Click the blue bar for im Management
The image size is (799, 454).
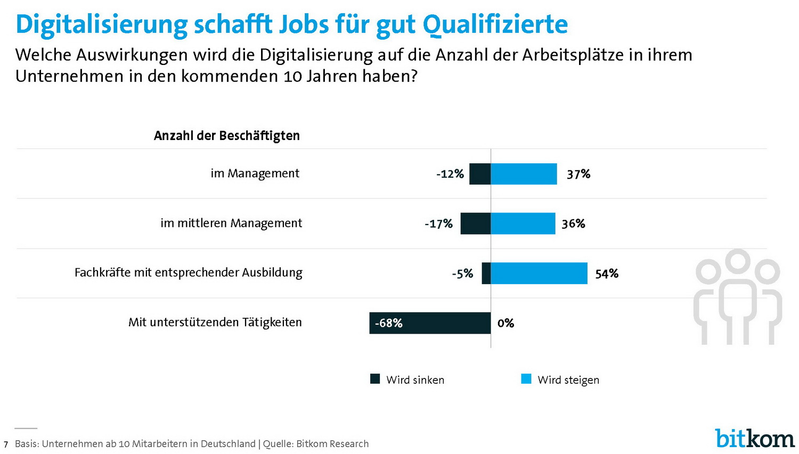tap(524, 174)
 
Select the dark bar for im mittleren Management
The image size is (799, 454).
tap(475, 224)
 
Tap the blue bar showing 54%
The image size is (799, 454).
tap(539, 273)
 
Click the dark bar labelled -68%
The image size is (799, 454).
tap(430, 323)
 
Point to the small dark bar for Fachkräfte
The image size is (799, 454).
tap(486, 273)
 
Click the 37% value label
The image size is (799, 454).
tap(578, 174)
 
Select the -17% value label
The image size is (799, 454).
tap(438, 224)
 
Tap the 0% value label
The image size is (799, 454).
tap(506, 323)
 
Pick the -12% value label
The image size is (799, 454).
tap(450, 174)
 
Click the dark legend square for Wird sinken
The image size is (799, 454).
tap(375, 379)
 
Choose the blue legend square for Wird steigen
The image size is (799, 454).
tap(526, 379)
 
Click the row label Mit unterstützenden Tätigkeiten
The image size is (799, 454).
tap(215, 323)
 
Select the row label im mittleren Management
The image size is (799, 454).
tap(231, 224)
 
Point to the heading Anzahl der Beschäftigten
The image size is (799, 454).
tap(227, 136)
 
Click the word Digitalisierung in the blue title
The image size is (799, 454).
tap(101, 24)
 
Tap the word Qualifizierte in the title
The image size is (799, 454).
tap(495, 24)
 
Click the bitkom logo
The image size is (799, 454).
tap(754, 438)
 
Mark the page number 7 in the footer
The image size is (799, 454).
tap(6, 444)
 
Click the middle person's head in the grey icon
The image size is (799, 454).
tap(738, 261)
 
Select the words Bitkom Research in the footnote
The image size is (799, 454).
tap(332, 444)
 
